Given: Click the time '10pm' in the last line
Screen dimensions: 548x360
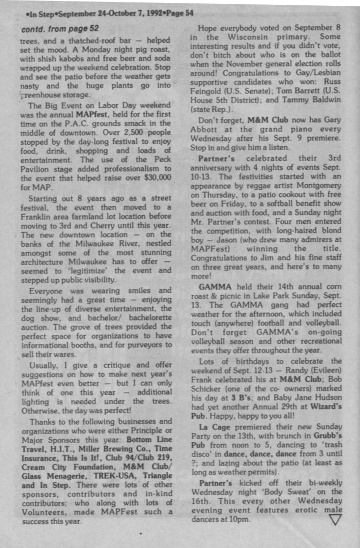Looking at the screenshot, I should click(x=240, y=519).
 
